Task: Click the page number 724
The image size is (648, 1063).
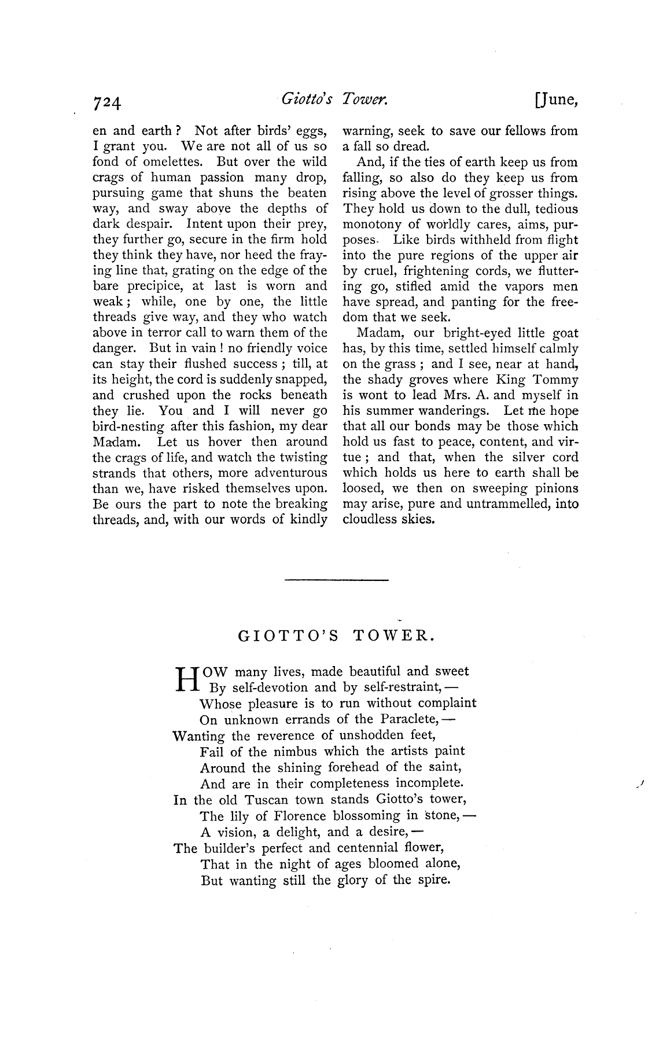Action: pyautogui.click(x=107, y=103)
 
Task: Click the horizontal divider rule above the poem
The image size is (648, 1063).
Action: pyautogui.click(x=337, y=580)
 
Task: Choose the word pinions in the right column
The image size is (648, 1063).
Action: pyautogui.click(x=553, y=488)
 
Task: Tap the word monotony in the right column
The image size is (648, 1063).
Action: pyautogui.click(x=370, y=225)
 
